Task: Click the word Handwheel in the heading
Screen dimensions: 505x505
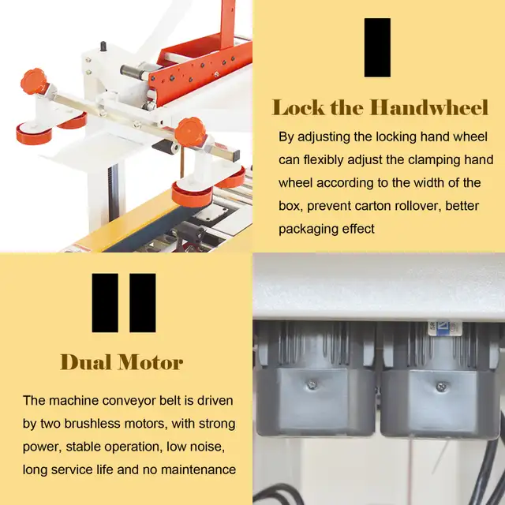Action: click(429, 107)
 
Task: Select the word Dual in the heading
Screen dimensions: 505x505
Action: click(85, 362)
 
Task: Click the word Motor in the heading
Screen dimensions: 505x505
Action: click(150, 362)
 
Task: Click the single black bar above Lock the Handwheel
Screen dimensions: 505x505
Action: click(377, 47)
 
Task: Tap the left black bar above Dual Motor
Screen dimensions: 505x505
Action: click(105, 303)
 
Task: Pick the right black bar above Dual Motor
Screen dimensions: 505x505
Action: click(142, 303)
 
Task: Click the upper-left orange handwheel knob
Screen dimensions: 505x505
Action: click(33, 80)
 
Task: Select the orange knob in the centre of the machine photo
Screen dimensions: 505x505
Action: click(190, 133)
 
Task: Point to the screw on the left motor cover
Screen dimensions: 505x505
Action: click(312, 384)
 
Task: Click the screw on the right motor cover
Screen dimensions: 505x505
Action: click(442, 386)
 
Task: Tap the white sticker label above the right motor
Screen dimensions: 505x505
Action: click(445, 328)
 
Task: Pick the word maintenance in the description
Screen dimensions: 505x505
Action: click(198, 469)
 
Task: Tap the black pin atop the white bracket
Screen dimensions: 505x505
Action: click(103, 46)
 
